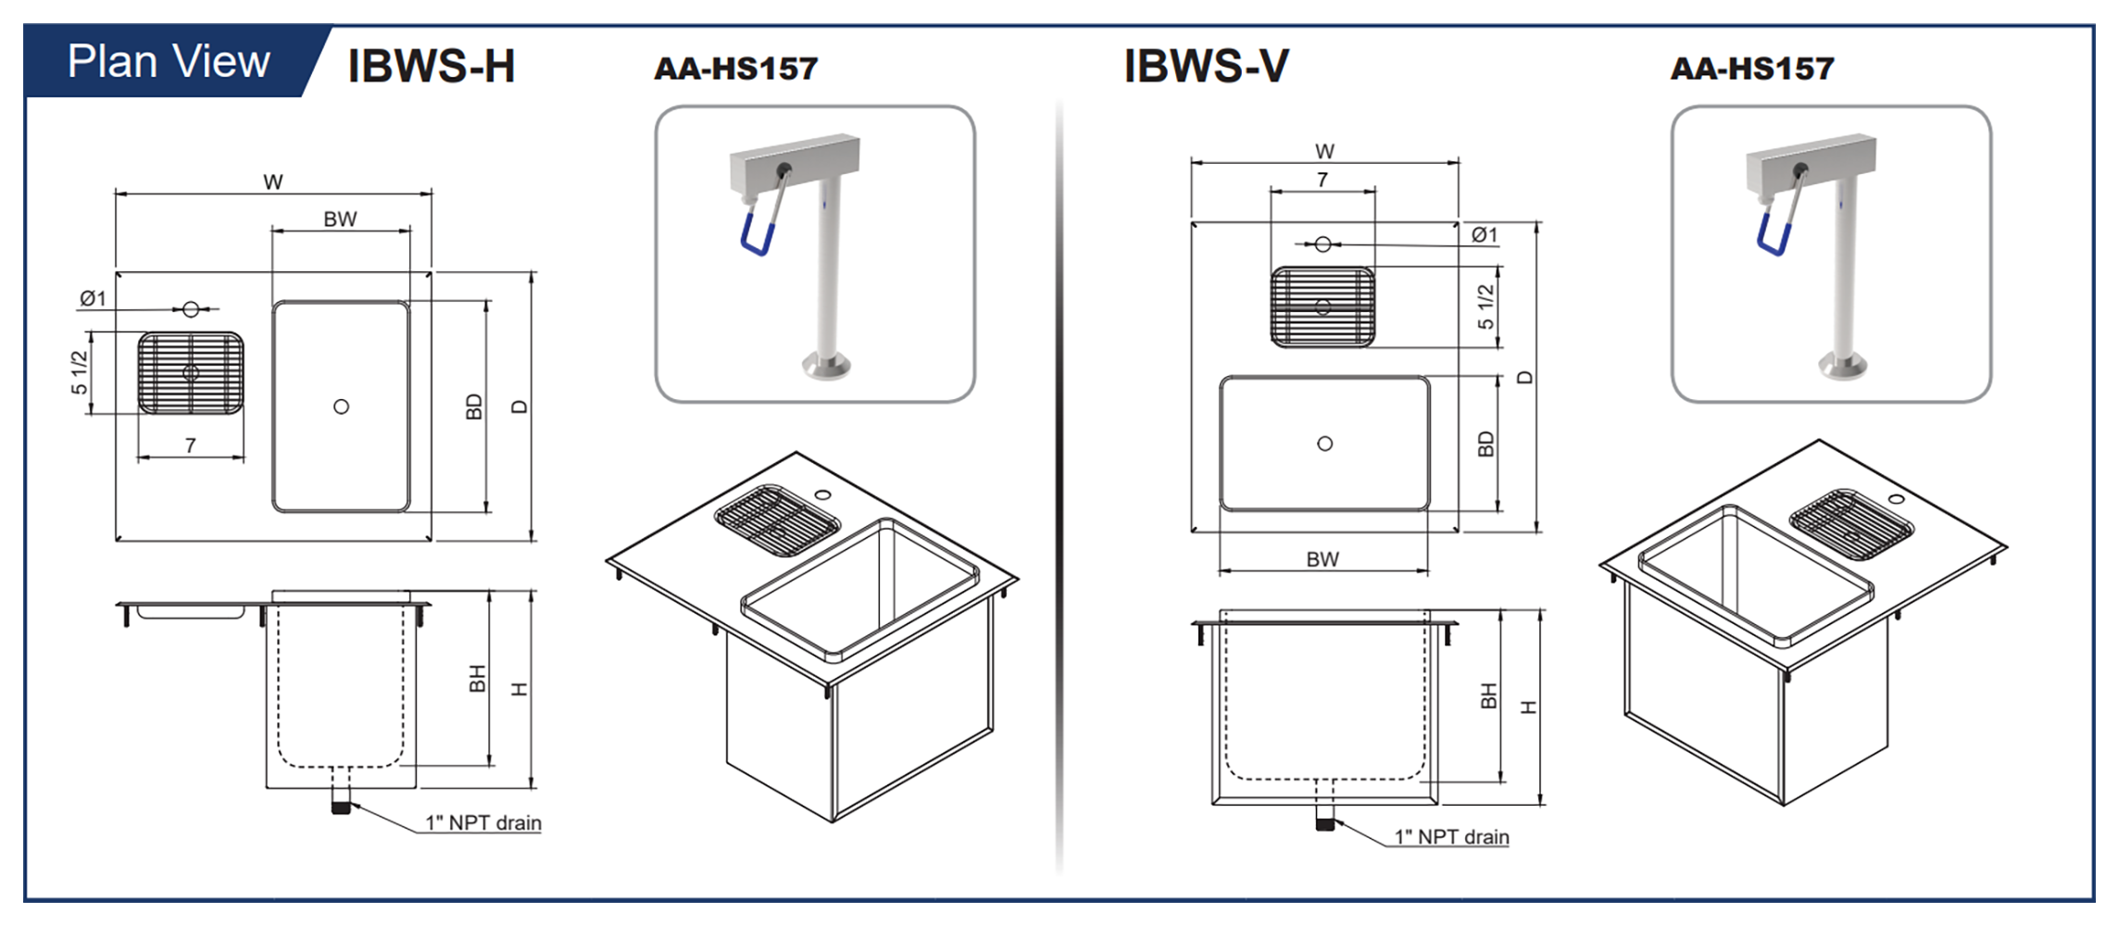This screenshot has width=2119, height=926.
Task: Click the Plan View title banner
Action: [x=169, y=62]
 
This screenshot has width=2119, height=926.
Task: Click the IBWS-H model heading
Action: [x=431, y=67]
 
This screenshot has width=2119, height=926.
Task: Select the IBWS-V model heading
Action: [x=1205, y=67]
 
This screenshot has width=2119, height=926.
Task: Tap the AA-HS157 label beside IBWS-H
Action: [x=735, y=69]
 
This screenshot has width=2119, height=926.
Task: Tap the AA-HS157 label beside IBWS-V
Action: [x=1751, y=69]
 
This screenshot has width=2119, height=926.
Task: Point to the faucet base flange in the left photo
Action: [x=826, y=365]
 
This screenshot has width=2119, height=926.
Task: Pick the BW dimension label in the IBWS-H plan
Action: [x=340, y=219]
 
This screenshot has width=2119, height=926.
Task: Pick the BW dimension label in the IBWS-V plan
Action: [x=1323, y=559]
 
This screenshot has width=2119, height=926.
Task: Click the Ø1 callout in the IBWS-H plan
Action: [x=93, y=298]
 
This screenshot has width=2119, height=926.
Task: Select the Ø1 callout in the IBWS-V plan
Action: [x=1484, y=235]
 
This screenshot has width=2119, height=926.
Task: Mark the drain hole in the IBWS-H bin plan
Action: [x=341, y=407]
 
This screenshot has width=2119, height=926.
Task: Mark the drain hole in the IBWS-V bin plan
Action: [x=1324, y=444]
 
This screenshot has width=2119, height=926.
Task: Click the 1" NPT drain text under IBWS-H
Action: [x=483, y=822]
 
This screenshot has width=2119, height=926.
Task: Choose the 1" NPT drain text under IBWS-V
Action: [x=1451, y=837]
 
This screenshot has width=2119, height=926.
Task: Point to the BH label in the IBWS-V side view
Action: [x=1488, y=695]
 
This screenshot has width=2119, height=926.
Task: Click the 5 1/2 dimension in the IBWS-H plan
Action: [x=80, y=372]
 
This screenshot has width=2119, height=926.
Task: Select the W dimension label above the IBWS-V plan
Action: [x=1324, y=151]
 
